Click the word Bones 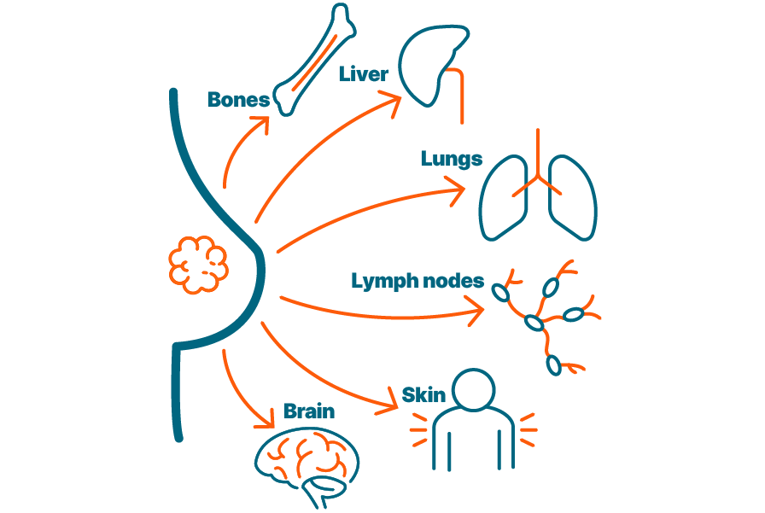tap(238, 100)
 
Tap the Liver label tap(364, 74)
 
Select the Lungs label tap(452, 159)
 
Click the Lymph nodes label tap(418, 282)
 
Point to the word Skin tap(423, 395)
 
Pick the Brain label tap(309, 411)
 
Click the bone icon tap(314, 60)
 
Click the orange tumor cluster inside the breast tap(198, 265)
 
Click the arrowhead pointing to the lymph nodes tap(476, 311)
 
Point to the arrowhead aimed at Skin tap(388, 403)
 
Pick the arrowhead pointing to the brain tap(266, 419)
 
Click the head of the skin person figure tap(473, 390)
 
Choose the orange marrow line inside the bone tap(315, 62)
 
